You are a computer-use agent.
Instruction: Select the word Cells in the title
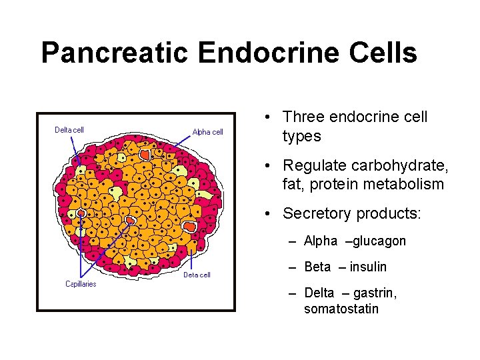click(x=389, y=53)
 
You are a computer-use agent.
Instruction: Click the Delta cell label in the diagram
click(x=69, y=130)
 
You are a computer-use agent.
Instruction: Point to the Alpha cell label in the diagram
click(x=208, y=132)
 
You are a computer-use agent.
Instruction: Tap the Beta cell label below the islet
click(x=197, y=275)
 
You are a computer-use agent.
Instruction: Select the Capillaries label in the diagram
click(x=80, y=284)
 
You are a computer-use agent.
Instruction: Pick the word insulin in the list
click(x=367, y=267)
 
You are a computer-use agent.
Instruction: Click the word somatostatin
click(x=341, y=309)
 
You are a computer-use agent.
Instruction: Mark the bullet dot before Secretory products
click(x=267, y=214)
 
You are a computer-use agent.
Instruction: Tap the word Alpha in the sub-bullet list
click(x=321, y=241)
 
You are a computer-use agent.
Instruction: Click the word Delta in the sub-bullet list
click(x=319, y=293)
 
